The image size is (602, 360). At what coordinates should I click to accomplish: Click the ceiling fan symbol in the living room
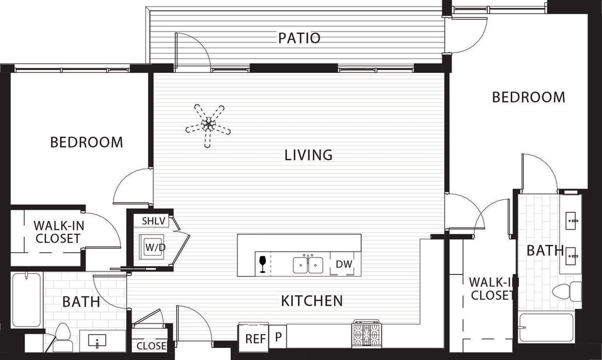click(x=208, y=125)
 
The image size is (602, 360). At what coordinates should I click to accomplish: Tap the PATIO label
click(x=299, y=38)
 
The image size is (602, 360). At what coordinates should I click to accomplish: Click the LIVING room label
click(x=308, y=155)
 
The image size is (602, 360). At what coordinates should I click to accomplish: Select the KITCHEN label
click(x=312, y=301)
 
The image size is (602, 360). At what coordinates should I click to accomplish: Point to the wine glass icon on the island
click(x=263, y=264)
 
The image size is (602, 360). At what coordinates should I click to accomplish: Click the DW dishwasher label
click(x=344, y=265)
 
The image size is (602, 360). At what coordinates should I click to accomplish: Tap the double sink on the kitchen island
click(x=308, y=265)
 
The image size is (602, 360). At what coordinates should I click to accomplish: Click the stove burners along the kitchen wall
click(x=367, y=334)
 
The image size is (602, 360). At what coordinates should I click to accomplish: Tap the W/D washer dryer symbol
click(x=154, y=247)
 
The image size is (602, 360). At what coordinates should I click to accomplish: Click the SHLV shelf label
click(x=154, y=221)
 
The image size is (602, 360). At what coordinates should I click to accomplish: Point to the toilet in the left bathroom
click(x=62, y=338)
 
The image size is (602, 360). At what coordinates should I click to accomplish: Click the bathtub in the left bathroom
click(x=26, y=300)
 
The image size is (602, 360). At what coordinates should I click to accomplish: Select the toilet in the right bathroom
click(x=566, y=291)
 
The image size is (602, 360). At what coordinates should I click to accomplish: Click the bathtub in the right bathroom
click(x=546, y=328)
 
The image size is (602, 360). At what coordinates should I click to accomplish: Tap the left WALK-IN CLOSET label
click(x=57, y=232)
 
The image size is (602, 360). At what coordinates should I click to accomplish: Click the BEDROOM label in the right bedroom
click(x=528, y=97)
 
